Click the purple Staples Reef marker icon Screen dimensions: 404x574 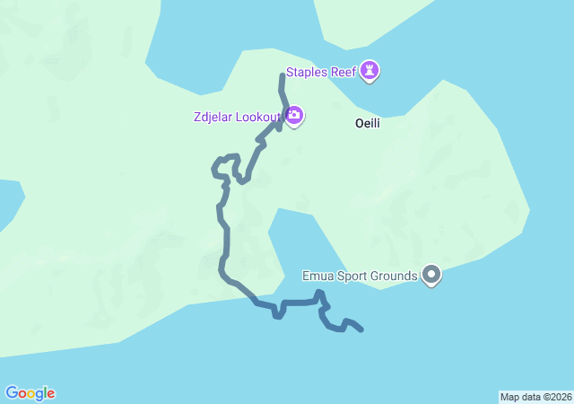pos(370,71)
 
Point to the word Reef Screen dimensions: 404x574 pos(344,72)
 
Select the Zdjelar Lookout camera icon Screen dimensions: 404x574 pos(294,116)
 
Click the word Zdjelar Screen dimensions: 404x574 pos(213,116)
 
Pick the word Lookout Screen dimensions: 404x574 pos(258,116)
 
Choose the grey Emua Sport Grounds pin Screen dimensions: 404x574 pos(431,275)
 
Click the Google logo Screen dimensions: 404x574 pos(30,393)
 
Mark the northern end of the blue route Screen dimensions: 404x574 pos(283,77)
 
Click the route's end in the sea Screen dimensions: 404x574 pos(361,330)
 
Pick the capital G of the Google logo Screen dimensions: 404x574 pos(12,392)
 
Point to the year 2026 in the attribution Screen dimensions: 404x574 pos(560,397)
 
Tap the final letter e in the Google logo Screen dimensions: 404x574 pos(50,394)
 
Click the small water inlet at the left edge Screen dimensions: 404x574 pos(7,202)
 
